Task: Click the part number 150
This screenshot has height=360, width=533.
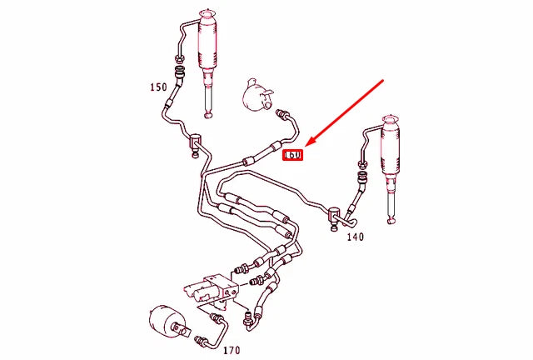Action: point(158,87)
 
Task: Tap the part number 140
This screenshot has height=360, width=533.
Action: point(356,237)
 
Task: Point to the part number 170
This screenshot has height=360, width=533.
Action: point(231,350)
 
